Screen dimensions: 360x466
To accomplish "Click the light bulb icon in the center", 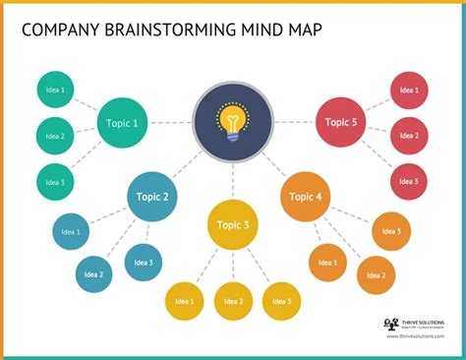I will pyautogui.click(x=233, y=124).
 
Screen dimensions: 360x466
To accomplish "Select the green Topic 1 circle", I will pyautogui.click(x=123, y=123).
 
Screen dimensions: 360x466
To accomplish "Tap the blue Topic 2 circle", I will pyautogui.click(x=152, y=196).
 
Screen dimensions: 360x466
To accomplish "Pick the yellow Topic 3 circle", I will pyautogui.click(x=233, y=224).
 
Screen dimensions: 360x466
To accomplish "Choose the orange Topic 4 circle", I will pyautogui.click(x=306, y=196).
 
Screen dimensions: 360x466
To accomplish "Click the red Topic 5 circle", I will pyautogui.click(x=340, y=122).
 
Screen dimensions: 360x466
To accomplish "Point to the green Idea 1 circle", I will pyautogui.click(x=55, y=90).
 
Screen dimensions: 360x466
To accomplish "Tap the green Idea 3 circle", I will pyautogui.click(x=55, y=182).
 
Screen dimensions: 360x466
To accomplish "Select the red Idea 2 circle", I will pyautogui.click(x=409, y=136).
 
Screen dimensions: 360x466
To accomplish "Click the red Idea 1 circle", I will pyautogui.click(x=409, y=90).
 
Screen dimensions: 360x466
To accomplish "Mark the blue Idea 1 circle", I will pyautogui.click(x=71, y=232).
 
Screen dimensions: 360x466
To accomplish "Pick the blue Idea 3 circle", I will pyautogui.click(x=144, y=262).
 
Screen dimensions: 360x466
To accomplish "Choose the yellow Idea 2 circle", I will pyautogui.click(x=233, y=301).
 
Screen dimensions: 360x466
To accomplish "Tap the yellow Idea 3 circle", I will pyautogui.click(x=281, y=301).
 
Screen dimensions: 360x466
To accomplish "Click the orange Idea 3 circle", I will pyautogui.click(x=391, y=231).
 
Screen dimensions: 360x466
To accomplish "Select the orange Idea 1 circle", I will pyautogui.click(x=327, y=262).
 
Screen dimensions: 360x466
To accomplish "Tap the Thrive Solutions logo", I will pyautogui.click(x=391, y=324).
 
